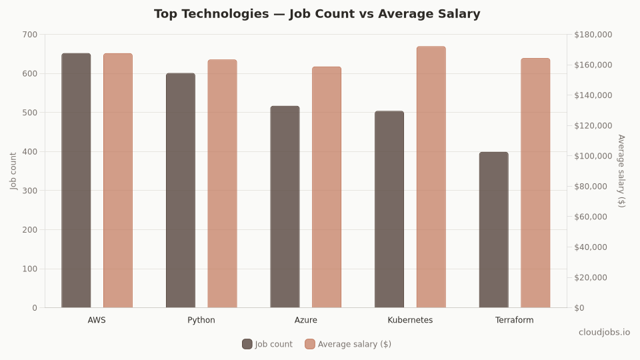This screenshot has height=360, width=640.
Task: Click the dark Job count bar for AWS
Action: click(76, 181)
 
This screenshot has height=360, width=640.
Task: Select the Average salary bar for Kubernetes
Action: click(431, 177)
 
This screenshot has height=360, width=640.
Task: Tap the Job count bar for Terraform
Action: click(493, 230)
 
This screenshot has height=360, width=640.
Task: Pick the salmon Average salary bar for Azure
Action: click(326, 187)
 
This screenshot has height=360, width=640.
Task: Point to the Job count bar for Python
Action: click(181, 191)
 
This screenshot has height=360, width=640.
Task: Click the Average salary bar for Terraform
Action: click(535, 183)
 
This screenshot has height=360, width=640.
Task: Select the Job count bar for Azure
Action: click(285, 207)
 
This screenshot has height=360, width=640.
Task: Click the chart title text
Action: click(317, 14)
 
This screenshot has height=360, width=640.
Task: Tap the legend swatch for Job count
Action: click(247, 344)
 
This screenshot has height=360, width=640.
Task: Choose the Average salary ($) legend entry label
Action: click(354, 344)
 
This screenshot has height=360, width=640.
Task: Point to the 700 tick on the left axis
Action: click(30, 35)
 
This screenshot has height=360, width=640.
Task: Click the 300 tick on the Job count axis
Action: click(30, 191)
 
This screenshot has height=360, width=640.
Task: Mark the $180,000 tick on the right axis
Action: click(593, 35)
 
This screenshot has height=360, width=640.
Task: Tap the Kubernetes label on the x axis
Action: click(410, 320)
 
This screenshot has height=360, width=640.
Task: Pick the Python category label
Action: click(201, 320)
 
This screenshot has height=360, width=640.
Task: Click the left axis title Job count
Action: click(14, 171)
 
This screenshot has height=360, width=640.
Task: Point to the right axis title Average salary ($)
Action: click(621, 171)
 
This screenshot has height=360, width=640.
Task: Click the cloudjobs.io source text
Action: click(604, 332)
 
